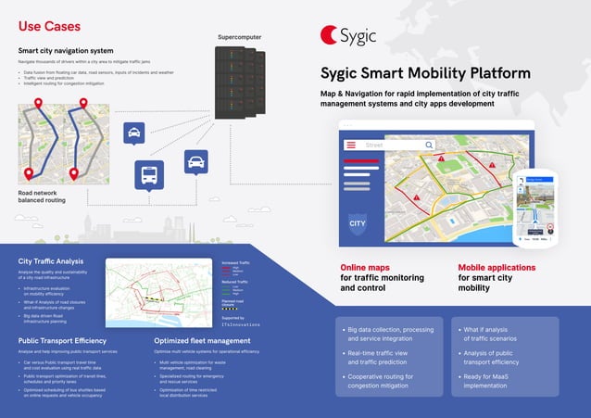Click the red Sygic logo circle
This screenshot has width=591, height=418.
click(331, 34)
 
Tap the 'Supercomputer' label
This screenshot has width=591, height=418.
click(240, 37)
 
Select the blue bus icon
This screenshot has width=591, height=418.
click(149, 174)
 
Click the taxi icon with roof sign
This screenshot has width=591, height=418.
click(134, 133)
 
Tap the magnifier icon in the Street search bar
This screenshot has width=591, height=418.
click(429, 146)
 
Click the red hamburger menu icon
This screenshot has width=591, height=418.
click(351, 146)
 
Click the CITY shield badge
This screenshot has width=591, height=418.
click(357, 222)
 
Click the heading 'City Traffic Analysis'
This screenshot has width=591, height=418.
click(51, 261)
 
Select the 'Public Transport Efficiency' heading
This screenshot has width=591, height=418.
click(66, 340)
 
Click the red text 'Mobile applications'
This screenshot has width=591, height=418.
click(497, 268)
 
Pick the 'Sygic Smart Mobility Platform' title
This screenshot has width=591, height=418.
click(425, 73)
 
